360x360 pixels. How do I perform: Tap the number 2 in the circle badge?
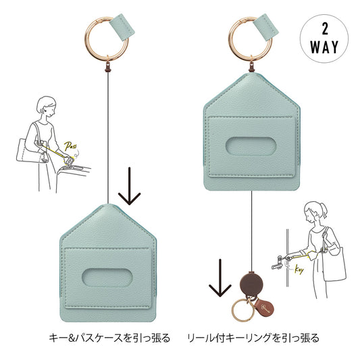tap(325, 29)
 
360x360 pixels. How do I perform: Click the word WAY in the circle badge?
tap(324, 47)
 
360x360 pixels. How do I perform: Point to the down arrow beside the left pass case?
tap(130, 186)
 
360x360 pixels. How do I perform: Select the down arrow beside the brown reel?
tap(220, 278)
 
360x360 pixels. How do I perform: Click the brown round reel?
tap(252, 284)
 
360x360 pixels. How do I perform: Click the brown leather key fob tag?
tap(264, 307)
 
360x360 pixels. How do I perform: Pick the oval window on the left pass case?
tap(107, 278)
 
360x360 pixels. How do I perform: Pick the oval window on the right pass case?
tap(251, 147)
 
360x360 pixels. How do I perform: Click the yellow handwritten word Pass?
tap(70, 146)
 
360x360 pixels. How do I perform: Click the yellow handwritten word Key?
tap(299, 269)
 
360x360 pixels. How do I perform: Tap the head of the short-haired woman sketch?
tap(47, 107)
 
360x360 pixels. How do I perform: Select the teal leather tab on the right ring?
tap(266, 26)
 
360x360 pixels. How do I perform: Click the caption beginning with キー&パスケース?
tap(109, 338)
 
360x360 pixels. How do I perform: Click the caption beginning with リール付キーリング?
tap(253, 338)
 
